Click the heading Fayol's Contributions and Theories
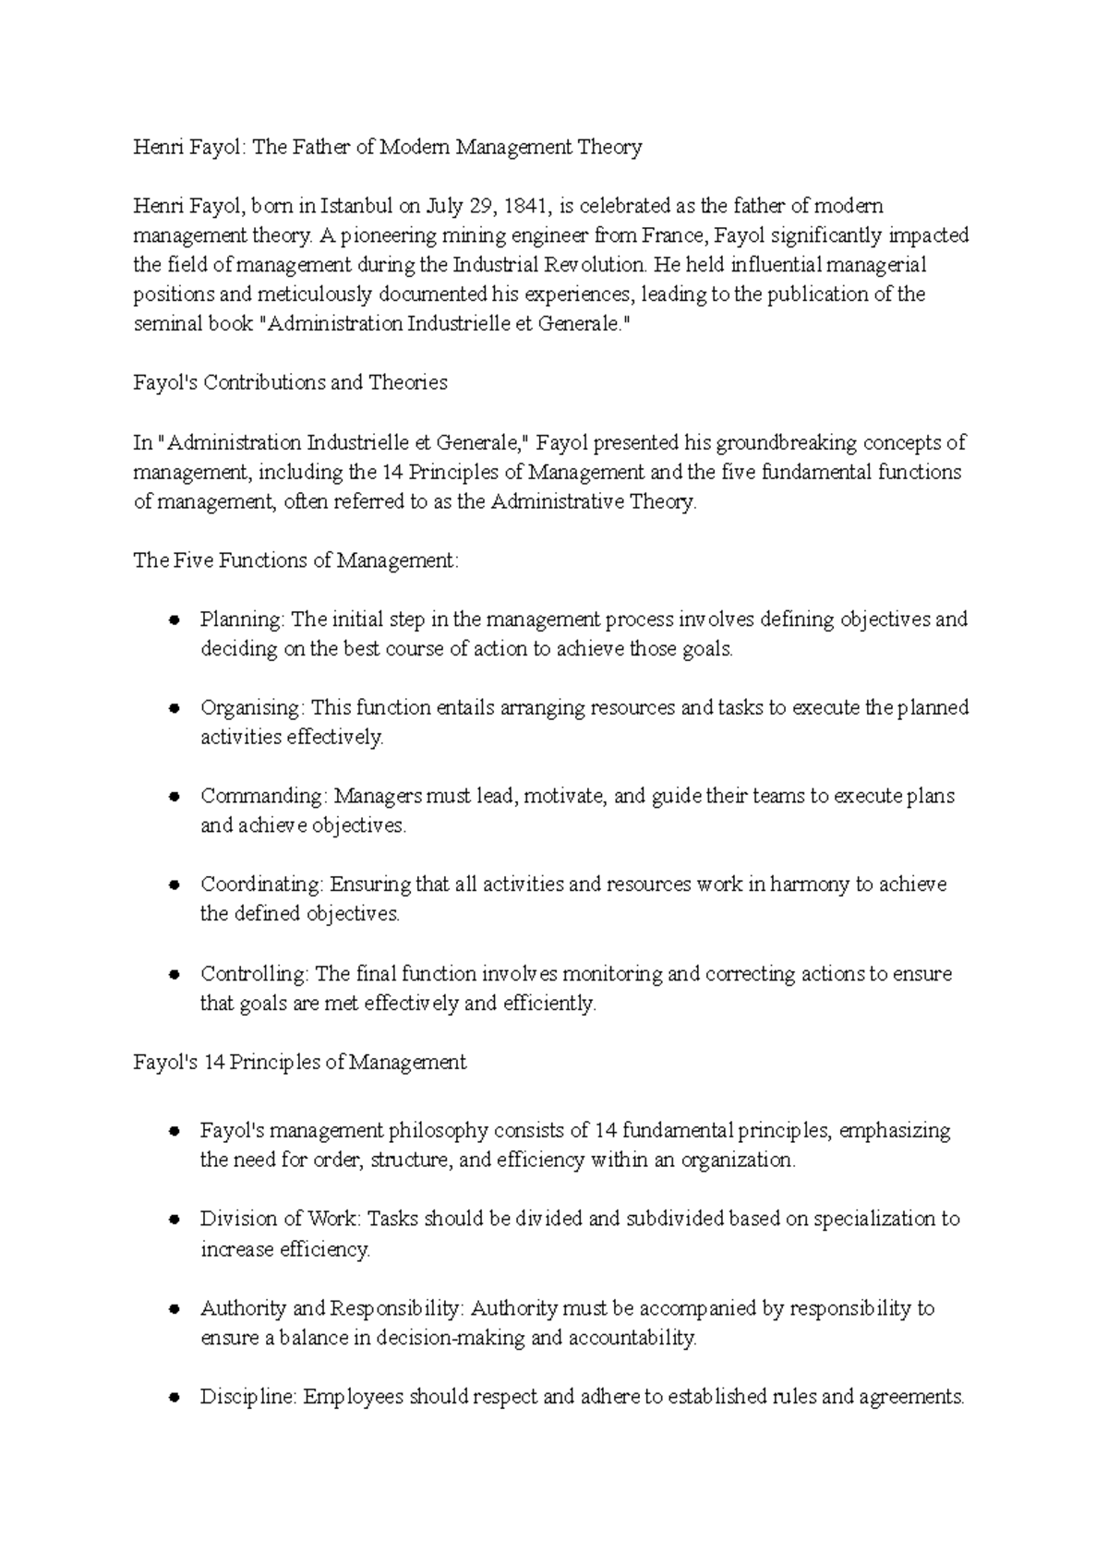[290, 383]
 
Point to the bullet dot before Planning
[174, 620]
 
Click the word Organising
[251, 708]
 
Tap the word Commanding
[261, 796]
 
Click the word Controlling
[254, 974]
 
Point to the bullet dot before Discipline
[174, 1398]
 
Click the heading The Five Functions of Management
[295, 560]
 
